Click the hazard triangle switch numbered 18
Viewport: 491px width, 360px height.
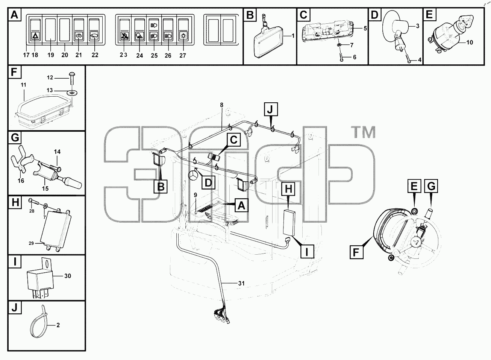point(35,31)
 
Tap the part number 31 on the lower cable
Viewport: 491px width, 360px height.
point(241,283)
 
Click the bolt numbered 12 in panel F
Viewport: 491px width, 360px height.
point(72,78)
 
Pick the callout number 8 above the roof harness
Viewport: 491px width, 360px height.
point(221,105)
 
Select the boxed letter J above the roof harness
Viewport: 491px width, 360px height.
point(271,109)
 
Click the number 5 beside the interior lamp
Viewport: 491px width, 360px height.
point(365,28)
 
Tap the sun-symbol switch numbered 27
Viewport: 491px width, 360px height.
point(183,31)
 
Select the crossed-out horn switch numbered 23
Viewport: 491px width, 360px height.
point(124,31)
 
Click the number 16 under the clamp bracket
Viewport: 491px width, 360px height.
point(21,181)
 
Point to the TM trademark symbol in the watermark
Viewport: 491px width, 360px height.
point(364,132)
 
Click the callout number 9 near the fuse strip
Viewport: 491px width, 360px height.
point(195,195)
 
